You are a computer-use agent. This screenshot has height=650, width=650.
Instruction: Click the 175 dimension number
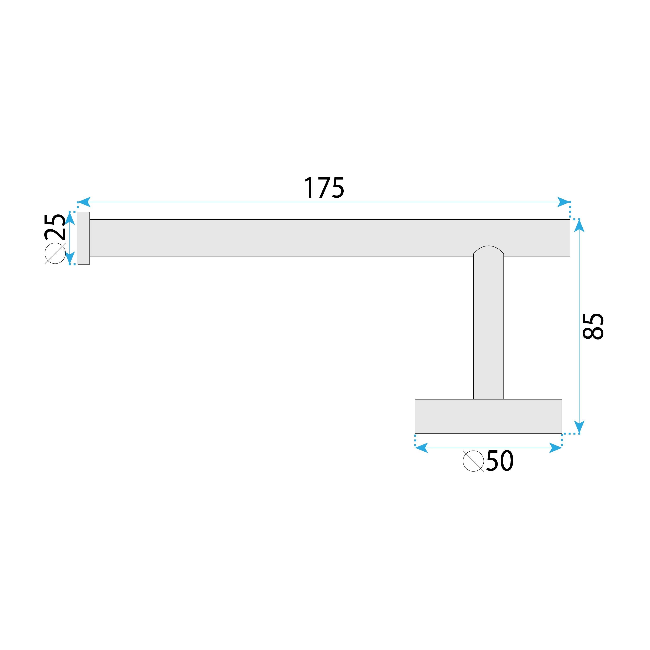(x=324, y=188)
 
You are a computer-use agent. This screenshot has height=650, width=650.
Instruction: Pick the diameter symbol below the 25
(x=55, y=253)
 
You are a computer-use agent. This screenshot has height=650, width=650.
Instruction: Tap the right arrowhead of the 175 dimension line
(x=563, y=202)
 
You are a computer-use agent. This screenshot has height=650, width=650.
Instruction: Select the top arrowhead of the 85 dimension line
(x=579, y=226)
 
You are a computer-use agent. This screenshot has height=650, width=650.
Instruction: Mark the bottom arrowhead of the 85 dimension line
(x=579, y=427)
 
